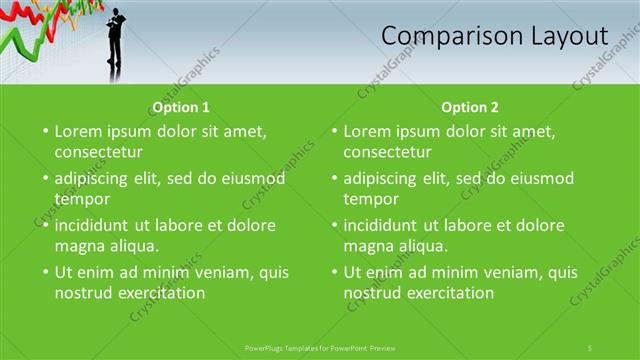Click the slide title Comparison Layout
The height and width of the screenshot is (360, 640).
coord(494,36)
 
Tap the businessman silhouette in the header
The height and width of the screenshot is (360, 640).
coord(117,45)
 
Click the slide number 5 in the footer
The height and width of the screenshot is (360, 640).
coord(590,347)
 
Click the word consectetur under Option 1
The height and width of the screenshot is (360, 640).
coord(98,152)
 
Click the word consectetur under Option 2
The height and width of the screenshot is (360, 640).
coord(388,152)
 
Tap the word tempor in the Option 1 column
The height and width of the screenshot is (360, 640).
coord(81,199)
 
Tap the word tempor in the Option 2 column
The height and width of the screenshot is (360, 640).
coord(371,199)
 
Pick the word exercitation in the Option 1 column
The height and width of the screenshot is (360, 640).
coord(160,293)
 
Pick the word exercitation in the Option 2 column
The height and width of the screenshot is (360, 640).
coord(449,293)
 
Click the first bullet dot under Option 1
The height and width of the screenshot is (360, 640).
coord(44,131)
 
